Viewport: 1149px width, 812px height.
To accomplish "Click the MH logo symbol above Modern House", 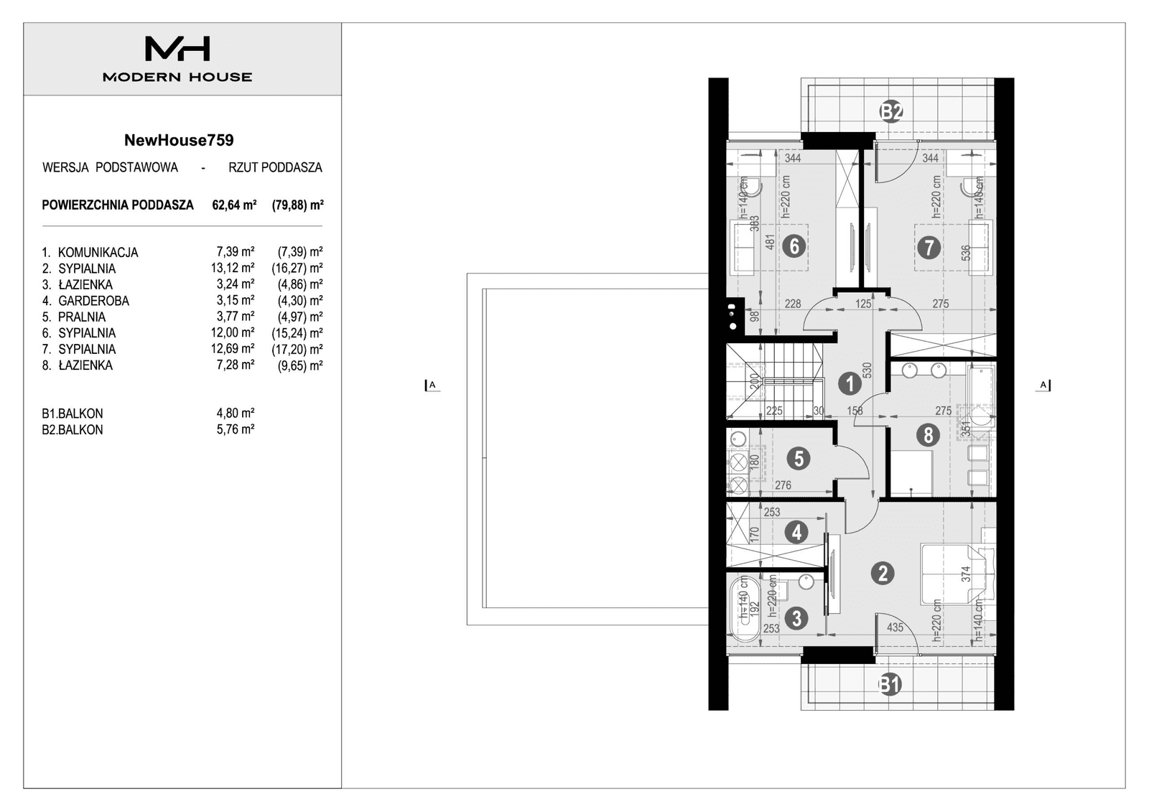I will click(177, 49).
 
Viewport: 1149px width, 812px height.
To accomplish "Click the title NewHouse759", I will click(179, 140).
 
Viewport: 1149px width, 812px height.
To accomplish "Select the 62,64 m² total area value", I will click(234, 205).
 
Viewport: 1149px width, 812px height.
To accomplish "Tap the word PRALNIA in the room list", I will click(82, 317).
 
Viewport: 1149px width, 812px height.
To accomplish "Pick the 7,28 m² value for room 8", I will click(235, 365).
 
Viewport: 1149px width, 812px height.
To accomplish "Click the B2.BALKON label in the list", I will click(73, 430).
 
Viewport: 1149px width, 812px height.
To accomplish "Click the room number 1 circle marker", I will click(850, 383).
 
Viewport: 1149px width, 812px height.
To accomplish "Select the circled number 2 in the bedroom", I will click(883, 573).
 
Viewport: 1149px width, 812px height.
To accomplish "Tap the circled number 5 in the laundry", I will click(798, 459).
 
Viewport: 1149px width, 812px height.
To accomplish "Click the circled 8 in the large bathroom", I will click(928, 435).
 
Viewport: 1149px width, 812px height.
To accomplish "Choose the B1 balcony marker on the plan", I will click(889, 684).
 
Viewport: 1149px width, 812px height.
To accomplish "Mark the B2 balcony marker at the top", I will click(891, 111).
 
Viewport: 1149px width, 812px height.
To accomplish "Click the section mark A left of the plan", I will click(431, 386).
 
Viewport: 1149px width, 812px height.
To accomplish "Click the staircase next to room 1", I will click(774, 381).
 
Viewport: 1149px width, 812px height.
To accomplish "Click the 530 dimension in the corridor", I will click(867, 370).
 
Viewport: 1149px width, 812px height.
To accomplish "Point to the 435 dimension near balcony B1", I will click(895, 627).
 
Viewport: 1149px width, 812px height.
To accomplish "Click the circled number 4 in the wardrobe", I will click(796, 533).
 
